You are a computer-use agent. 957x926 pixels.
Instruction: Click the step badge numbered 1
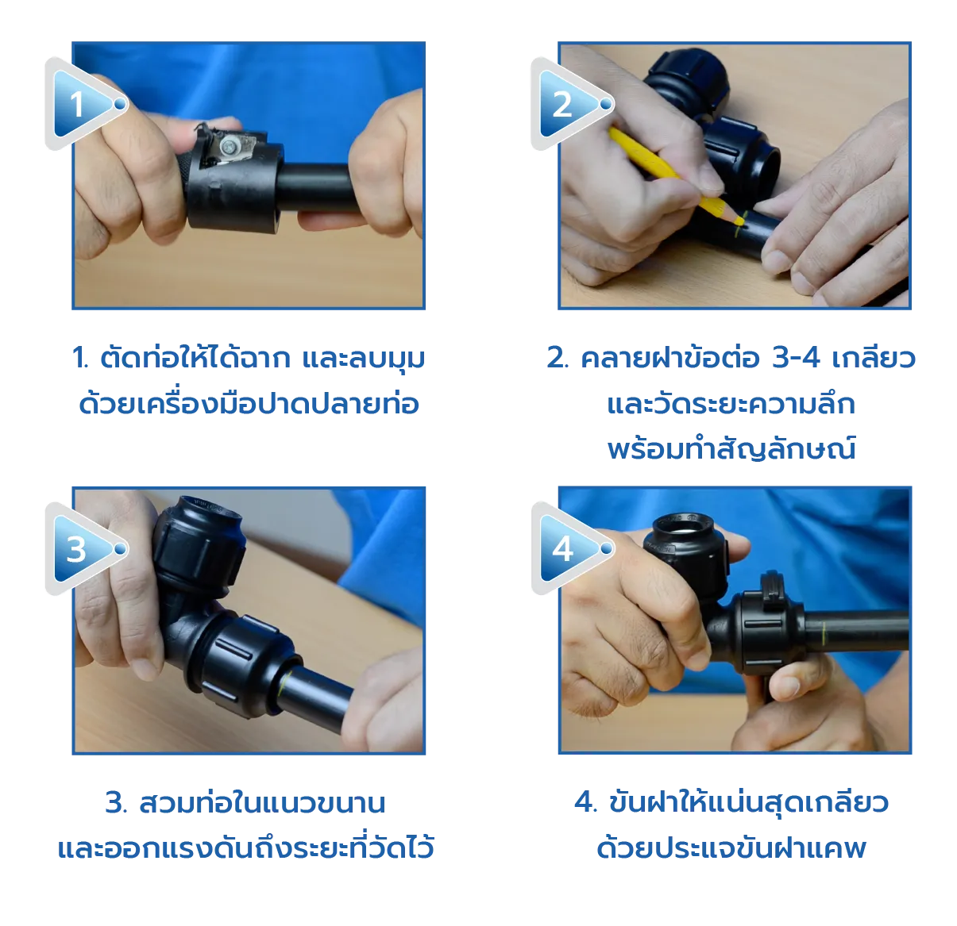coord(79,104)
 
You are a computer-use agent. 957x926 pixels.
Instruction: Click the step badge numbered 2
coord(563,104)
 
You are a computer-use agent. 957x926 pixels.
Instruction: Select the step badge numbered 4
coord(563,548)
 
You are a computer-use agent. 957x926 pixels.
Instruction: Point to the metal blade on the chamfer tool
coord(230,145)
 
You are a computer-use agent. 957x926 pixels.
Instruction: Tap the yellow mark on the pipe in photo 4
coord(824,632)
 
